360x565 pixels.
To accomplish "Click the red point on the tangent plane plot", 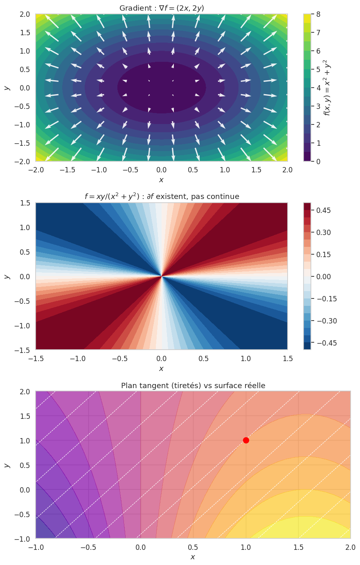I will click(x=246, y=440).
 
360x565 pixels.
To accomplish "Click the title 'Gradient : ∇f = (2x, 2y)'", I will click(x=162, y=8).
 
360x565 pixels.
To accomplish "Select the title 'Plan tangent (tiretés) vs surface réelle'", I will click(x=193, y=385).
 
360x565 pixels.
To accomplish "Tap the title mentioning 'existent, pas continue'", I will click(x=162, y=197).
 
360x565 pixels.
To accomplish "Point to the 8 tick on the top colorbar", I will click(x=318, y=14).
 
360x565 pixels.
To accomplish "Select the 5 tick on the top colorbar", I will click(x=318, y=70).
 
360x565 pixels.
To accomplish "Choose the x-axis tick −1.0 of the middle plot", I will click(x=78, y=359).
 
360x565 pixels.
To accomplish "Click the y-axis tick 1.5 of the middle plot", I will click(x=25, y=203).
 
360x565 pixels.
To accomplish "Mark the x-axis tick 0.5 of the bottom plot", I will click(x=193, y=547).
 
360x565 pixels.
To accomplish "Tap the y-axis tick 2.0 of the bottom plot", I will click(x=25, y=392).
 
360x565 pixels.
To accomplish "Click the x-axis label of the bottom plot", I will click(x=193, y=557).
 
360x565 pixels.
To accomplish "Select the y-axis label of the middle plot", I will click(x=7, y=276).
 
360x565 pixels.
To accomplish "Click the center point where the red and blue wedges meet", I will click(x=162, y=276).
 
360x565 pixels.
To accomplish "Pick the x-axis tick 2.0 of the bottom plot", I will click(x=350, y=547).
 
